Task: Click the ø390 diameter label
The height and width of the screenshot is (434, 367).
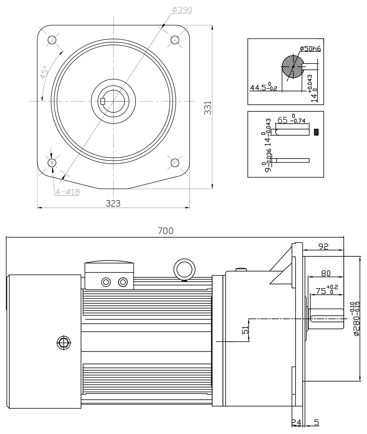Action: pos(182,10)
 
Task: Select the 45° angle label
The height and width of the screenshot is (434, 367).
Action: pos(44,73)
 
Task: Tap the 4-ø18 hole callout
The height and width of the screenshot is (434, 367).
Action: pos(67,192)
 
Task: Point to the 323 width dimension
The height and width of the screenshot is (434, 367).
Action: pos(113,203)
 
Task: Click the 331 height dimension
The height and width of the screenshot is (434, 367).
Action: pos(208,108)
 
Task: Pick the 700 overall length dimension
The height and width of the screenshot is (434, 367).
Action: pos(166,231)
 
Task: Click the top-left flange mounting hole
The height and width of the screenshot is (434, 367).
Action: pos(52,40)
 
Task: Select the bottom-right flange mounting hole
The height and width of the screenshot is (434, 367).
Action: pos(175,162)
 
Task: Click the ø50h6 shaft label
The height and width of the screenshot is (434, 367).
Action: pos(310,49)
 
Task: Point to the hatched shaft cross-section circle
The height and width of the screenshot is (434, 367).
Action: pos(293,67)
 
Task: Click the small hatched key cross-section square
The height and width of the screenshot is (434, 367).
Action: pos(316,132)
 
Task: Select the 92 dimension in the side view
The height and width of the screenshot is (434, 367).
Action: pos(324,247)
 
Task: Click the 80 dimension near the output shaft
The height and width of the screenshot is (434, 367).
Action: pos(326,273)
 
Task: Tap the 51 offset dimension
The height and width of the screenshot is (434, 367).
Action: pos(246,330)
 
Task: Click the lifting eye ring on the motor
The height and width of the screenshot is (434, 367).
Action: pos(185,269)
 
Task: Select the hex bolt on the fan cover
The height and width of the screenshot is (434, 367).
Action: pos(62,343)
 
